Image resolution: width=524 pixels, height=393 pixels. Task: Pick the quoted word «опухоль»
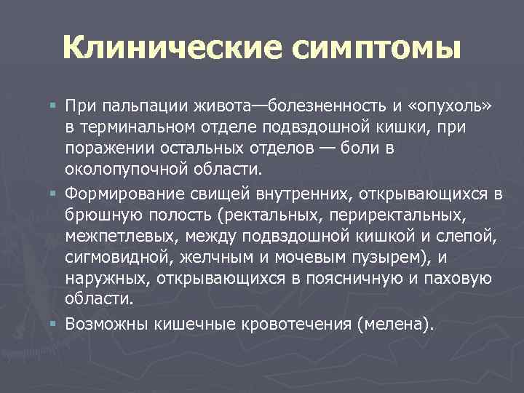click(453, 108)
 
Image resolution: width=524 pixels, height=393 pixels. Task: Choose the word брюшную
click(95, 215)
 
